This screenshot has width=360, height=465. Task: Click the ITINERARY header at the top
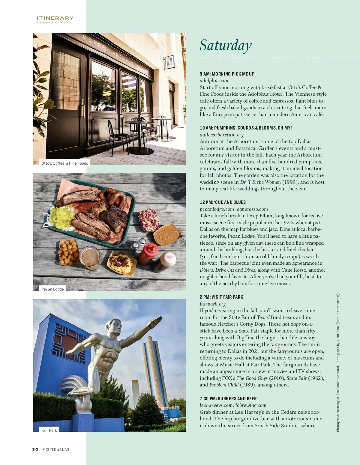(x=55, y=18)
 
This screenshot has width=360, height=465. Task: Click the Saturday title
(x=226, y=45)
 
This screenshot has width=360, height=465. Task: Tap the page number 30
(x=35, y=449)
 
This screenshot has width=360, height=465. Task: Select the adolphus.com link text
(x=214, y=80)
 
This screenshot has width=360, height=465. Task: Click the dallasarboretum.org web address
(x=222, y=135)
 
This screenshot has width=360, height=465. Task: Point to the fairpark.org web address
(x=213, y=304)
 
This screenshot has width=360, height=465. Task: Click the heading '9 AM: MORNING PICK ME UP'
(x=227, y=74)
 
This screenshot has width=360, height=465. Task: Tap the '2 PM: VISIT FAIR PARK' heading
(x=221, y=297)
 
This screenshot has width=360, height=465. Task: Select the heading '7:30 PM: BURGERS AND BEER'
(x=228, y=398)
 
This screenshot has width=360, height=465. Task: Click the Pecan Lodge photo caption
(x=52, y=289)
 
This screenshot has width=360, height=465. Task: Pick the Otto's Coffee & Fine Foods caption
(x=64, y=163)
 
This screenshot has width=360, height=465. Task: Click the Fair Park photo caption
(x=49, y=430)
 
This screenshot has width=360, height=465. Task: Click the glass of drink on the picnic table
(x=89, y=258)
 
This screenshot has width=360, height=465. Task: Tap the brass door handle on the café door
(x=82, y=111)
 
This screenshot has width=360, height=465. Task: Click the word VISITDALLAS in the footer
(x=56, y=449)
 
